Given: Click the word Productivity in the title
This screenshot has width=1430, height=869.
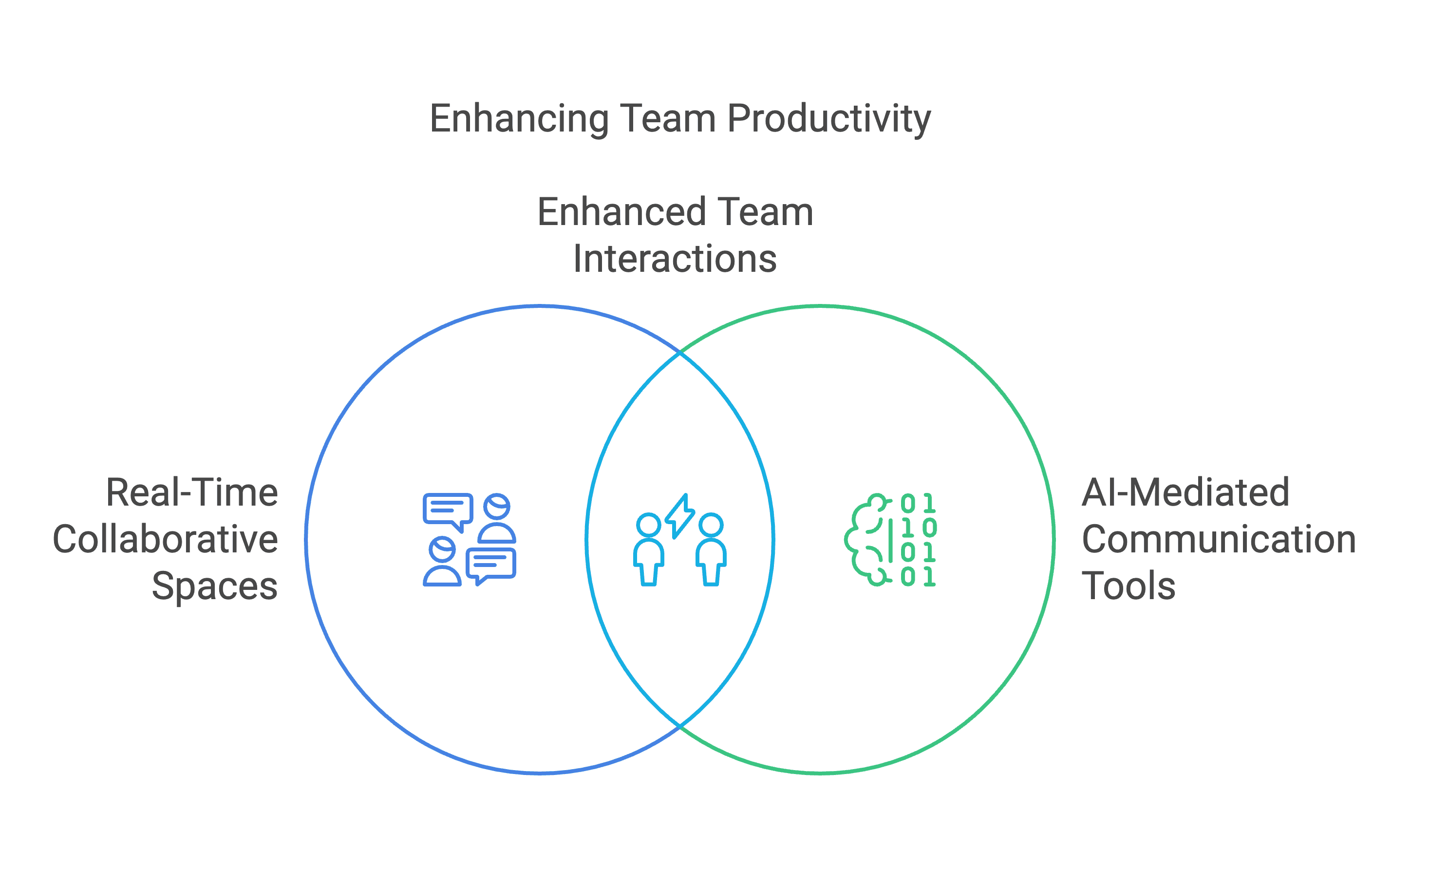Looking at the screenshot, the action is pos(829,119).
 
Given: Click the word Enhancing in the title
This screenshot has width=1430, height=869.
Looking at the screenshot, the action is pos(519,119).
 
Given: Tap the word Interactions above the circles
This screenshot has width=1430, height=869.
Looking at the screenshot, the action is pos(675,259).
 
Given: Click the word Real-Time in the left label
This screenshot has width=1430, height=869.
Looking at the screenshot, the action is pos(192,493).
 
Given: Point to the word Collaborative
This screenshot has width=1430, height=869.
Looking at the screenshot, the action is pos(166,539).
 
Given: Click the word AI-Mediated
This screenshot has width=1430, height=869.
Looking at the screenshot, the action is pos(1185,493).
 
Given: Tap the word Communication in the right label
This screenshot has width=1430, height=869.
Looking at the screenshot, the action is pos(1219,539).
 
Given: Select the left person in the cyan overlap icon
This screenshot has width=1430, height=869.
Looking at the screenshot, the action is pos(648,549).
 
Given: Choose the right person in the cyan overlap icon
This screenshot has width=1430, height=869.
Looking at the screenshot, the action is pos(711,549).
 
